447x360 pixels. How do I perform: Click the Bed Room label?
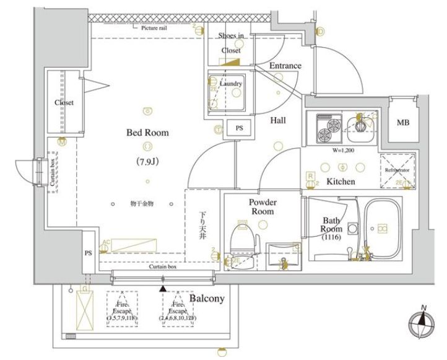147,133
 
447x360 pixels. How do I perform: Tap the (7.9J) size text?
147,162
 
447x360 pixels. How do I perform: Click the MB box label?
403,123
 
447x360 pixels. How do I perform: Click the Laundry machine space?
226,90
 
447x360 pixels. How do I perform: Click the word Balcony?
207,299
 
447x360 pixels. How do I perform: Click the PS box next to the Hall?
238,129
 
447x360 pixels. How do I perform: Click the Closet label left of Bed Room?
64,103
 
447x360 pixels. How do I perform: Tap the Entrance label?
285,66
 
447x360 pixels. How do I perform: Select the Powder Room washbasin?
282,255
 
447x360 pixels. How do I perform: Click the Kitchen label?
341,182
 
